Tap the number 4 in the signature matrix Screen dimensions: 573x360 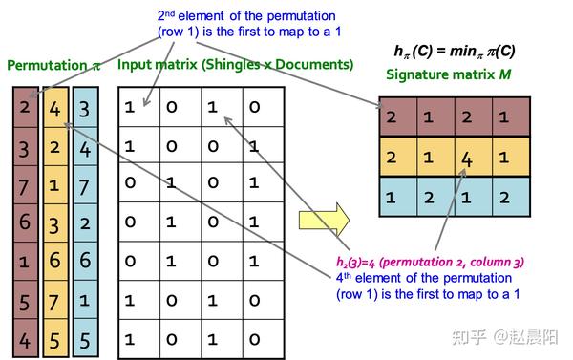[x=466, y=159]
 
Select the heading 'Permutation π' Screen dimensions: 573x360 [x=53, y=65]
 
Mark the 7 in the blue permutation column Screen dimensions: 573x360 [x=85, y=185]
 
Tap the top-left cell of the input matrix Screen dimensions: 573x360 [x=131, y=107]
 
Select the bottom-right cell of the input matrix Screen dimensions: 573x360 [x=255, y=338]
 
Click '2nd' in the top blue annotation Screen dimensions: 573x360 [x=168, y=15]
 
